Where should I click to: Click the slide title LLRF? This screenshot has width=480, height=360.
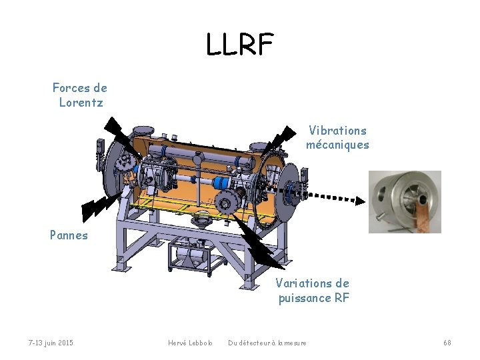pos(239,45)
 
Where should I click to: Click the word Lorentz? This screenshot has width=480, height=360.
pos(80,102)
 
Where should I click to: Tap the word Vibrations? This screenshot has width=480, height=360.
pos(337,130)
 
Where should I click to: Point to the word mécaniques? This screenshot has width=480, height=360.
pos(337,145)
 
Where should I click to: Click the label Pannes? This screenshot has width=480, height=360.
pos(69,235)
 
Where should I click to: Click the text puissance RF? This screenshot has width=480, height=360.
pos(313,298)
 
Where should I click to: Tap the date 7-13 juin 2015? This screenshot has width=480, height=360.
pos(51,343)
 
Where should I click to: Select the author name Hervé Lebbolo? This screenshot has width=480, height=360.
pos(190,343)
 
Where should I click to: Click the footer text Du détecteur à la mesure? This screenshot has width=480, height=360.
pos(267,343)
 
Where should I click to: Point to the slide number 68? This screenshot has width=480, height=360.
pos(447,343)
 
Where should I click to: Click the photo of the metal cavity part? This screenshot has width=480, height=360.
pos(405,201)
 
